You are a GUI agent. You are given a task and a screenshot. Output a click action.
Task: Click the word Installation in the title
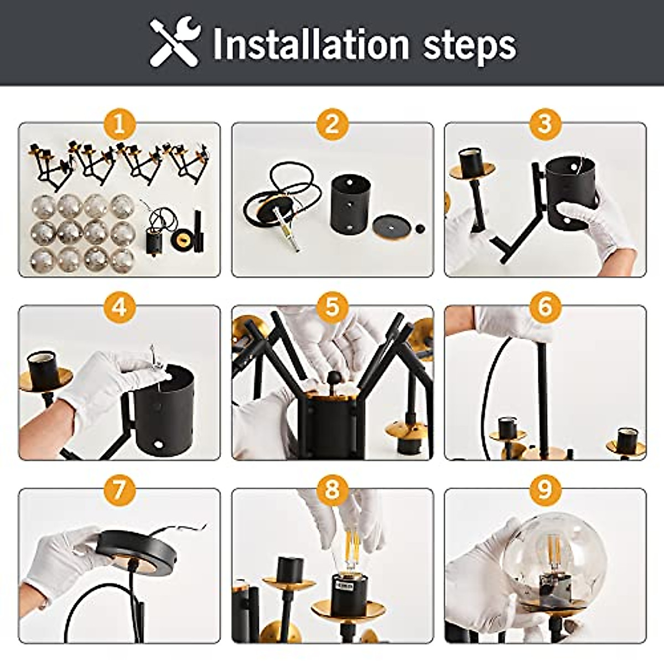tap(311, 44)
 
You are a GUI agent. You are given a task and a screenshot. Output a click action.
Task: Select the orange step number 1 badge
tap(119, 123)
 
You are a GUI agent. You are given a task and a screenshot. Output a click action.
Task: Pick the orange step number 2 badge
tap(332, 123)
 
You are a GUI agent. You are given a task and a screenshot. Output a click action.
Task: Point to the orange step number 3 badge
tap(545, 123)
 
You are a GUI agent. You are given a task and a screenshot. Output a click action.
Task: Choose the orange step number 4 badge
tap(119, 307)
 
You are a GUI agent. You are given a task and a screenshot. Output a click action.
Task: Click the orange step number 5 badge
tap(332, 307)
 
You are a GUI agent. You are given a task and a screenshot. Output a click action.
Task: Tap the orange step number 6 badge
tap(545, 307)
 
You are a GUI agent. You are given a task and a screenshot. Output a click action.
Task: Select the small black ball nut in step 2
tap(419, 228)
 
